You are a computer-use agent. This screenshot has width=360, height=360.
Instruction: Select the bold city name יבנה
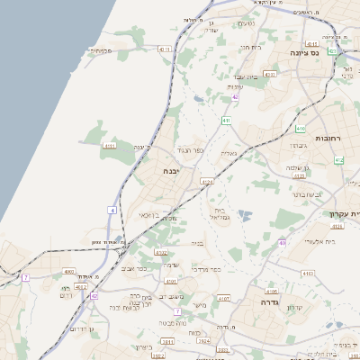pyautogui.click(x=173, y=169)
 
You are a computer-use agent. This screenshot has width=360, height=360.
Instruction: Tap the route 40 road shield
pyautogui.click(x=282, y=243)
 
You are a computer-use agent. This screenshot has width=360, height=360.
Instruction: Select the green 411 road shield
pyautogui.click(x=225, y=120)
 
